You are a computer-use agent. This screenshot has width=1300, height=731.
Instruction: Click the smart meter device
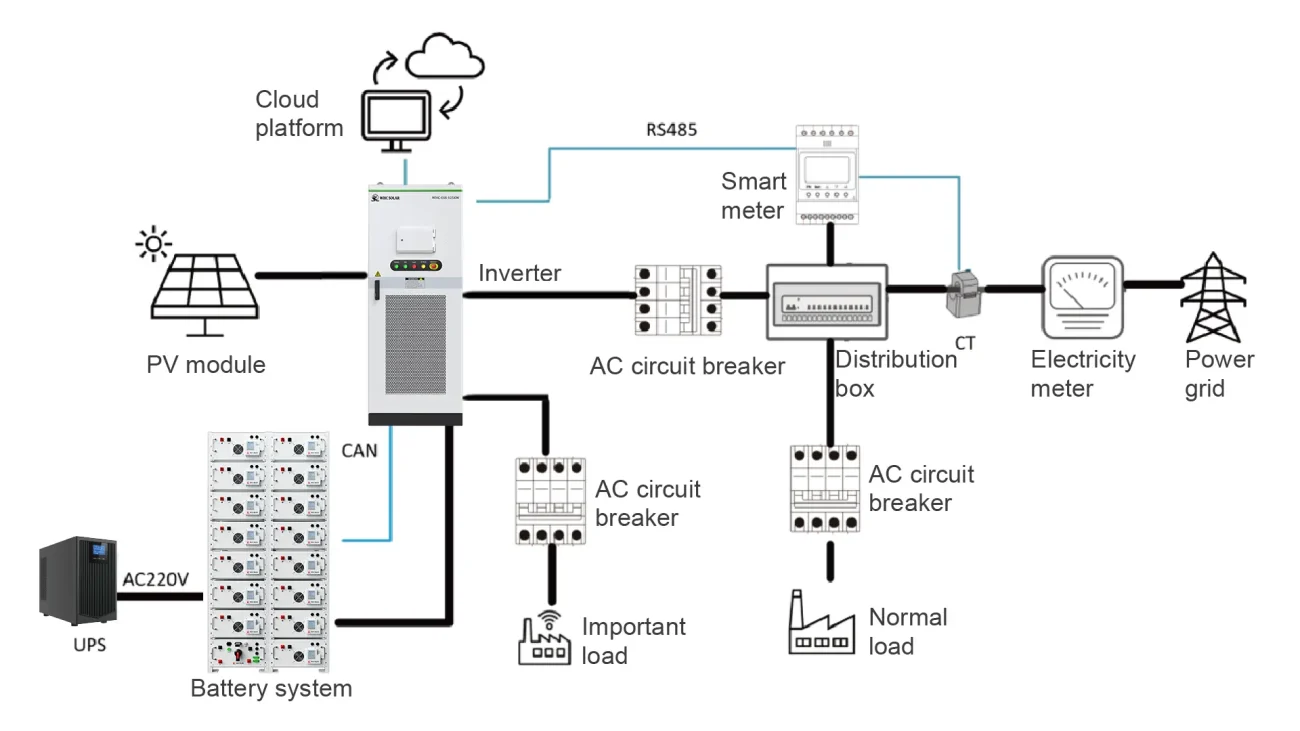(x=828, y=174)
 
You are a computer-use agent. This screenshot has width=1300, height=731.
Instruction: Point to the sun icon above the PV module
(x=154, y=242)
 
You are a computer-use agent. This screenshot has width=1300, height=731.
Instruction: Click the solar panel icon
(x=205, y=290)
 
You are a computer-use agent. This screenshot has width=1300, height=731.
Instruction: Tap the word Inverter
(x=519, y=272)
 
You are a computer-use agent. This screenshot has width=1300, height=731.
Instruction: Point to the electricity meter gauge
(x=1082, y=296)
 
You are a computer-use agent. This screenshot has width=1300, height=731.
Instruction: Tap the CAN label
(x=360, y=451)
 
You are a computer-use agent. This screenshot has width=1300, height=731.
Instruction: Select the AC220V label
(x=156, y=578)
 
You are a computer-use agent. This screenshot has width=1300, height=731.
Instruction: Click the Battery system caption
(x=271, y=688)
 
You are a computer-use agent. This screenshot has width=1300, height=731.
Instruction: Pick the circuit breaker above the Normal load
(x=826, y=490)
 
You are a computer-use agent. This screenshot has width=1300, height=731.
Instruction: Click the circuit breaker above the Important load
(x=550, y=501)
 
